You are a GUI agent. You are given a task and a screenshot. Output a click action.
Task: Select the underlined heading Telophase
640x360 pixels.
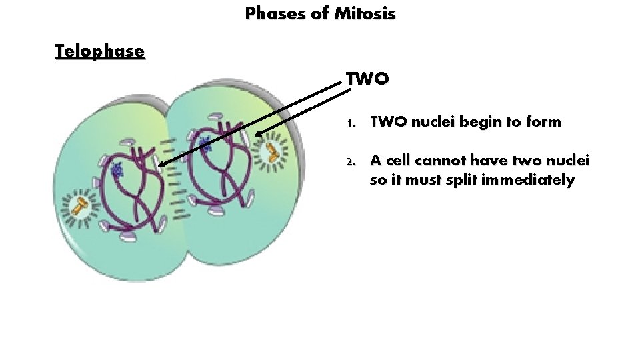click(x=100, y=51)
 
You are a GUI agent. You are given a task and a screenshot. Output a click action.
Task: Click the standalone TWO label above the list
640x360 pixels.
click(x=367, y=79)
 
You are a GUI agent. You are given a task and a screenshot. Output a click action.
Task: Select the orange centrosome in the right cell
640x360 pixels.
click(x=271, y=151)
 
